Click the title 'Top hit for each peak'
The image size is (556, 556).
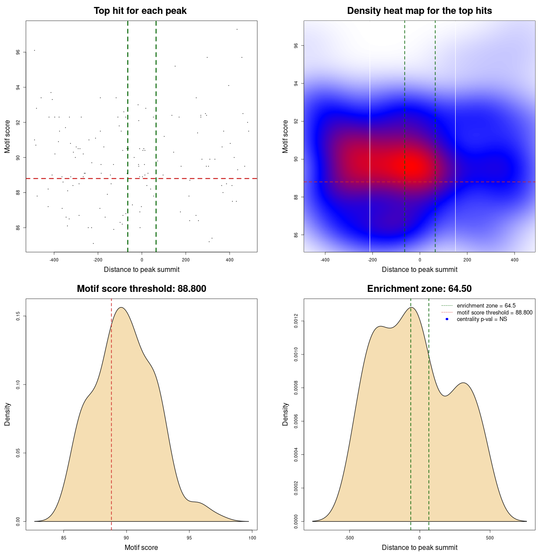140,11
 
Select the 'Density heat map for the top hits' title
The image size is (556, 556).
419,11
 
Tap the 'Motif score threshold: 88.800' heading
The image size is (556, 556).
141,289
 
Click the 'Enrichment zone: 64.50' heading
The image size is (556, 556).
419,289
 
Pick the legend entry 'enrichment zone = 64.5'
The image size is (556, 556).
486,306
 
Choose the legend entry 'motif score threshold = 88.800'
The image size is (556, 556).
494,312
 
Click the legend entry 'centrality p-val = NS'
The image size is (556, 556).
482,319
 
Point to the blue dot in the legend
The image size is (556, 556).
447,319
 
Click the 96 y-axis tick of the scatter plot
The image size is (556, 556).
18,52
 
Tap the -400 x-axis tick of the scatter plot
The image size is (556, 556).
54,260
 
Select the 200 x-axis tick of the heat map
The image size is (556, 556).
467,260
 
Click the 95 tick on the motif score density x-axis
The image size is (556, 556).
189,538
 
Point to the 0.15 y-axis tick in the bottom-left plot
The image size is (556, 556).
18,316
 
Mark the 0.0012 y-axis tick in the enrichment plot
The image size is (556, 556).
296,321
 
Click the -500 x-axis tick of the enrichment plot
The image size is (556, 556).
349,538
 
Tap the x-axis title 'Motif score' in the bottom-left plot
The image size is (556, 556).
141,547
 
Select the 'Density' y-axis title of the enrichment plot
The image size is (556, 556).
285,414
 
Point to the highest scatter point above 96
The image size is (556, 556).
237,29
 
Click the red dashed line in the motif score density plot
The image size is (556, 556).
112,413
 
